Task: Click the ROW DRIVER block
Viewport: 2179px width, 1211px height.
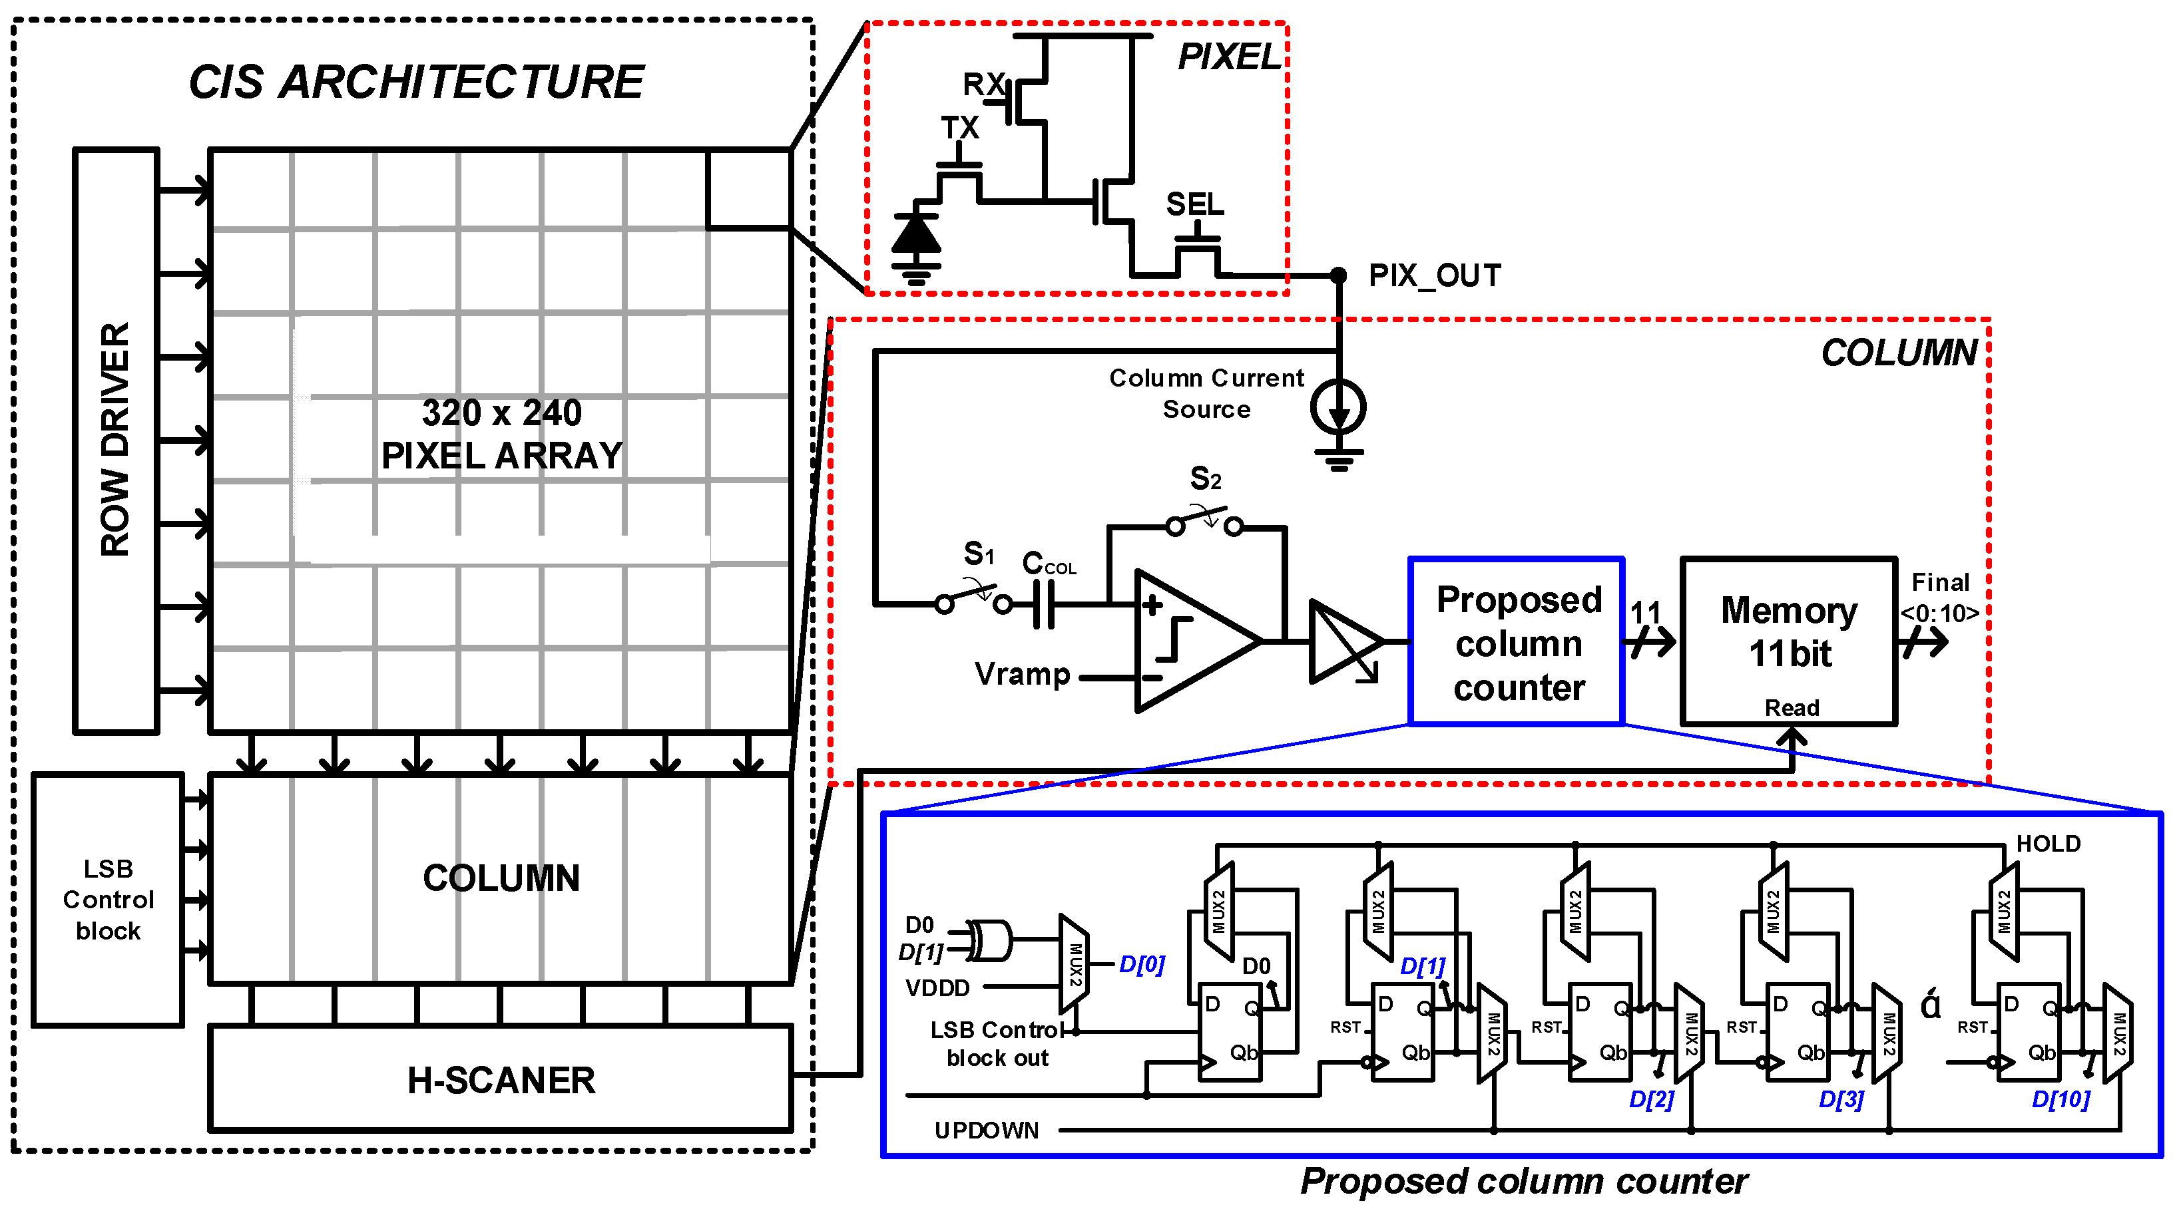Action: point(116,440)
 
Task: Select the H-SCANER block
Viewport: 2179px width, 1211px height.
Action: point(501,1080)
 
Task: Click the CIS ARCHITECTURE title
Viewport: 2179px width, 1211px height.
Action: point(415,82)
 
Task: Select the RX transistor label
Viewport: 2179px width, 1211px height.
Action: point(983,85)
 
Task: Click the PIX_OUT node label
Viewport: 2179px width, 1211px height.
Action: point(1435,275)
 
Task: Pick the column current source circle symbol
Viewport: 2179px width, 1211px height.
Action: point(1338,408)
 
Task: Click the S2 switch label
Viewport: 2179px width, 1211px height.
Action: point(1206,478)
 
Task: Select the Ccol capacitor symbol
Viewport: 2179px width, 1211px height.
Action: point(1045,604)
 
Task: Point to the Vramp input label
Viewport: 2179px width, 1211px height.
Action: point(1022,675)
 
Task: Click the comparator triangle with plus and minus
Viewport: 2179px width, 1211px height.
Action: point(1188,640)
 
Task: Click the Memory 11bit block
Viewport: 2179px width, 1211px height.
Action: point(1789,640)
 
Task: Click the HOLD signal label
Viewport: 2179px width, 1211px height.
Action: point(2047,843)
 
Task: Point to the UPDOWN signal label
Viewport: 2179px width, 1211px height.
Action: point(985,1130)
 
